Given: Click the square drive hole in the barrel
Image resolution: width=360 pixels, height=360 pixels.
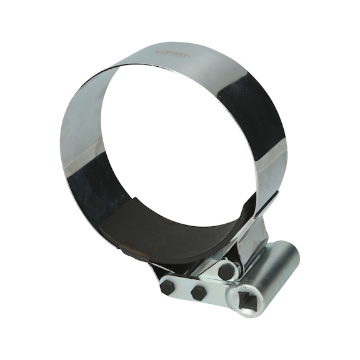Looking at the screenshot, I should point(248,302).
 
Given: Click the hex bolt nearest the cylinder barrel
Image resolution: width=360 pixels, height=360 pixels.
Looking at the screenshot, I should point(226,271).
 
